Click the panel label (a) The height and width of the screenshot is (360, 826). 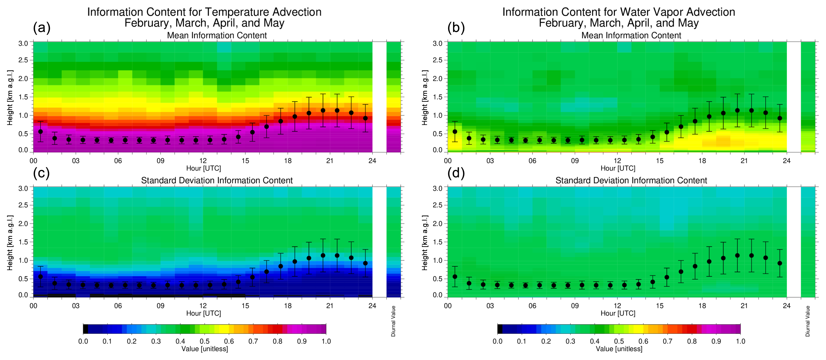[x=42, y=28]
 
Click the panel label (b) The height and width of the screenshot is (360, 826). [x=456, y=28]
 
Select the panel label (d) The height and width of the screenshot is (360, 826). [x=456, y=173]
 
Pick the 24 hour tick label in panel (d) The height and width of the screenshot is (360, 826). [x=787, y=306]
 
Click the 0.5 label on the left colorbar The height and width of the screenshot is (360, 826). [x=205, y=341]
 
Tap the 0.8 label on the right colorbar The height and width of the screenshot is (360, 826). [x=692, y=341]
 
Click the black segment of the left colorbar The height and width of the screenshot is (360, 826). [x=86, y=329]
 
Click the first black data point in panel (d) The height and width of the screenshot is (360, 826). [x=455, y=277]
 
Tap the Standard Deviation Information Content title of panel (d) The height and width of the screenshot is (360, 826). [x=631, y=181]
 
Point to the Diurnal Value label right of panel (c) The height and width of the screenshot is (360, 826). [x=393, y=321]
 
